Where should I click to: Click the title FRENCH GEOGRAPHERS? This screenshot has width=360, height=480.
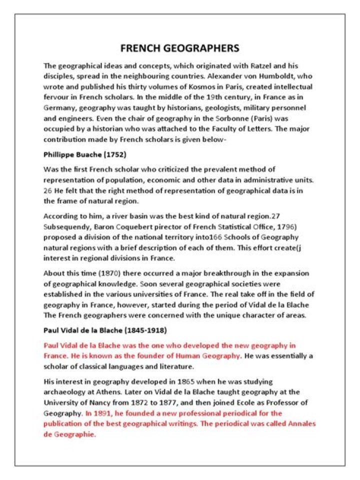pos(180,48)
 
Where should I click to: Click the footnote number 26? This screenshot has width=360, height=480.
pos(48,190)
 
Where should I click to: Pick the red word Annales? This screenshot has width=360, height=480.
pos(301,424)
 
